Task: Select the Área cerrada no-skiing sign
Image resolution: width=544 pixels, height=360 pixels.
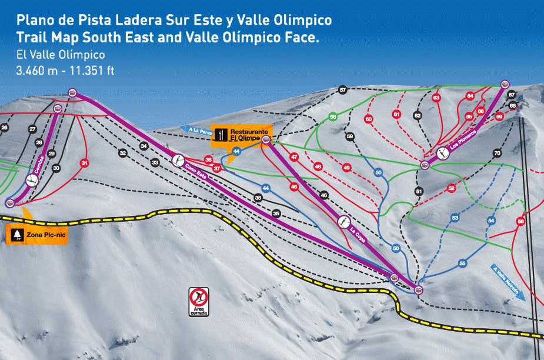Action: (199, 301)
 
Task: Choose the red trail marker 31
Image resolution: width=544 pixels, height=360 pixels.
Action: (85, 163)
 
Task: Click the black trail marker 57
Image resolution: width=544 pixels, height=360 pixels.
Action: (343, 90)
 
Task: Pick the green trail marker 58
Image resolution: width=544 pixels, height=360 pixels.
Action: (333, 116)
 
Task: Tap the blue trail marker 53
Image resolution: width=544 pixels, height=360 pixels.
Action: (455, 218)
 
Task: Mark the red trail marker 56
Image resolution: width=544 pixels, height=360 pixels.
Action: (520, 221)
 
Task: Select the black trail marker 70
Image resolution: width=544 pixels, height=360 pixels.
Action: (497, 153)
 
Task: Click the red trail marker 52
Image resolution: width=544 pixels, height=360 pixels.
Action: (451, 188)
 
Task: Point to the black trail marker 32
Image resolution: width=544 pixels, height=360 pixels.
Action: (122, 153)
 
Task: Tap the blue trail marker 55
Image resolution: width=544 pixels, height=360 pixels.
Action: (463, 263)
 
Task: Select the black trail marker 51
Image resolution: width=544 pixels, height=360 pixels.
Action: (419, 191)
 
